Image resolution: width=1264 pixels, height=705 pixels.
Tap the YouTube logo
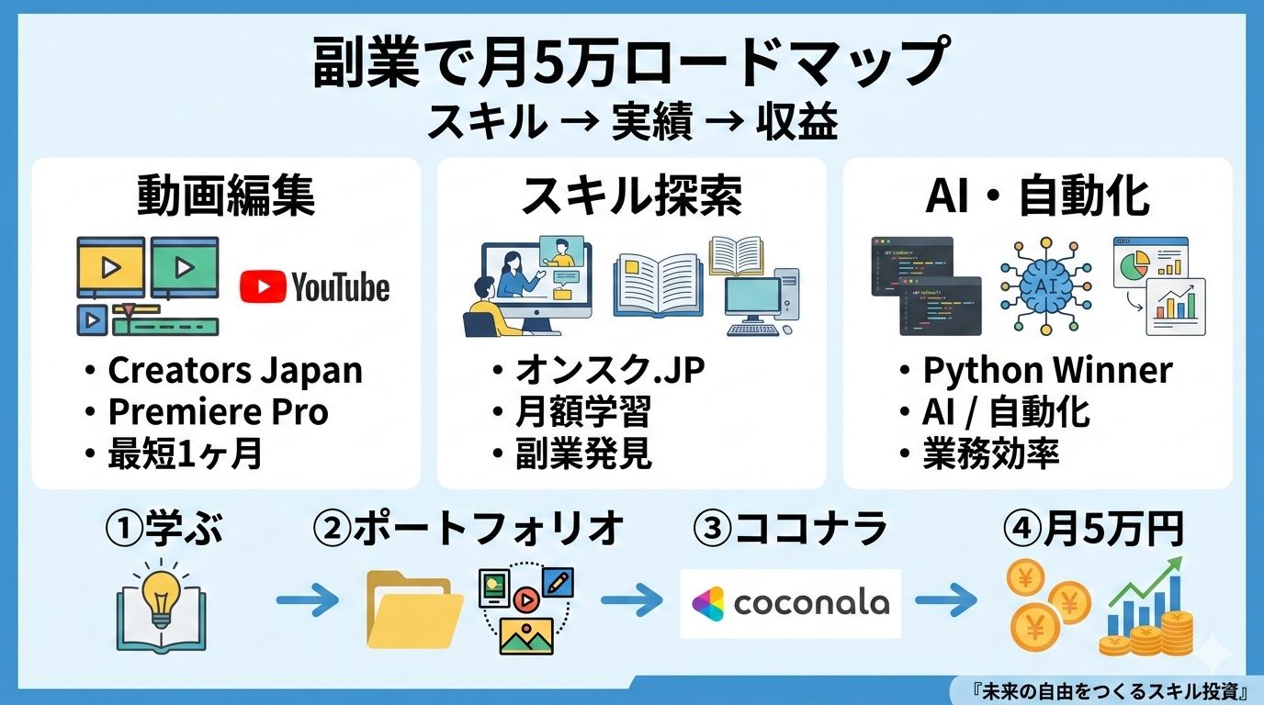point(314,287)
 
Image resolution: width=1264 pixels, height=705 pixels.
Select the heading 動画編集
point(226,196)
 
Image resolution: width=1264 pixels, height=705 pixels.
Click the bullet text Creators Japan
point(234,371)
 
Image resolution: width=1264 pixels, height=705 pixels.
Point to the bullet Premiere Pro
point(217,412)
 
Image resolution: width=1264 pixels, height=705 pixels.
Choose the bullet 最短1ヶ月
point(184,453)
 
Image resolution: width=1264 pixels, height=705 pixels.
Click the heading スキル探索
point(631,196)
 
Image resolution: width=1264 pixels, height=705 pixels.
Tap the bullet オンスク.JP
point(609,371)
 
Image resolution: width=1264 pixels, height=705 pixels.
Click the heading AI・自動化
point(1037,196)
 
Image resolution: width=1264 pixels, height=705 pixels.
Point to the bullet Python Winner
point(1046,371)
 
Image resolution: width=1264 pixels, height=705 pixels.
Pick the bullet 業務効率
point(990,453)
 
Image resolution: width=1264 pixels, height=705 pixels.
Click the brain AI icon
point(1045,285)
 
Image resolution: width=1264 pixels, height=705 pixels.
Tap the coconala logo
point(790,603)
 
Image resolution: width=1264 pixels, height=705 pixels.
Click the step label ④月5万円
point(1093,530)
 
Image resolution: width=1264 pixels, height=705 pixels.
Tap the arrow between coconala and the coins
point(946,603)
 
